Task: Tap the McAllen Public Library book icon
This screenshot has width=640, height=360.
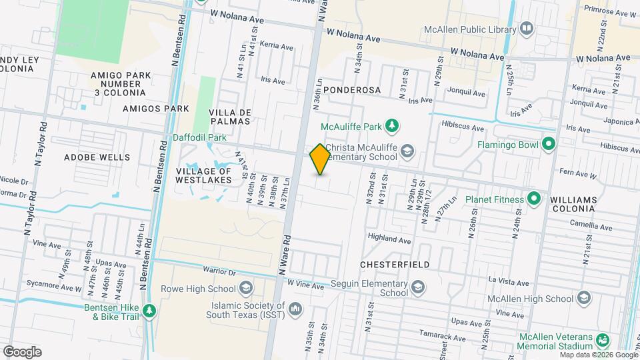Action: (527, 29)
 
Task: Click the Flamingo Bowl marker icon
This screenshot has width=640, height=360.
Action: (549, 144)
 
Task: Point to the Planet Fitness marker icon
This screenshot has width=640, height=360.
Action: (533, 199)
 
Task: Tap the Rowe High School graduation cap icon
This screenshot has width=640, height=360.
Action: (246, 289)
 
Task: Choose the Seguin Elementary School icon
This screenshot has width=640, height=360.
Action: (417, 287)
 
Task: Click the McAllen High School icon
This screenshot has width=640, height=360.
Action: (585, 297)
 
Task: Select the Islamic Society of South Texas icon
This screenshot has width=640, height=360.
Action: (295, 309)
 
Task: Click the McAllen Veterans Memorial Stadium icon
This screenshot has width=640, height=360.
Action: (603, 341)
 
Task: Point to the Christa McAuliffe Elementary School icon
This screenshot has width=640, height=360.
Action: (406, 152)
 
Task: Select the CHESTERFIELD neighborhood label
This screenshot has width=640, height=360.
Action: (395, 265)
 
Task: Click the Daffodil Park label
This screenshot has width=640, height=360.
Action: (199, 137)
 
